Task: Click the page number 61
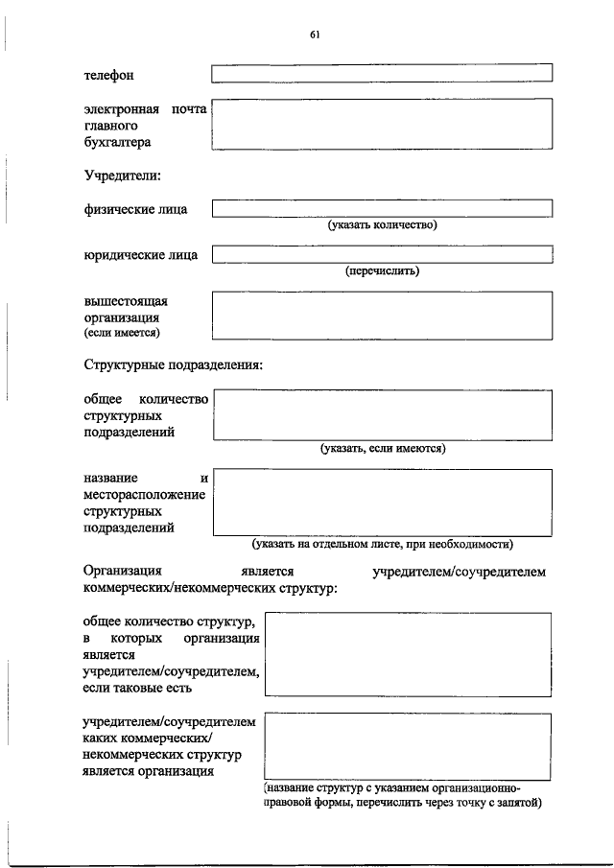[314, 35]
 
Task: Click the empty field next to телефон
[382, 73]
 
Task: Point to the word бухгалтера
[118, 142]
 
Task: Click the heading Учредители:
[122, 176]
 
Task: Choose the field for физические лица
[382, 208]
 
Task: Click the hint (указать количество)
[383, 225]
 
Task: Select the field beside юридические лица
[382, 254]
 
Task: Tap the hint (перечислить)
[383, 270]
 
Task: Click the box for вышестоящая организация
[382, 316]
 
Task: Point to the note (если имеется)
[122, 333]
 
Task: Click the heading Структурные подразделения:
[173, 365]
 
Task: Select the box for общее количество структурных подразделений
[382, 414]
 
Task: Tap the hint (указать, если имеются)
[383, 448]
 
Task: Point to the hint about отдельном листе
[383, 544]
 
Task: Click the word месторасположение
[145, 494]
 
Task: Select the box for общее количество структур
[408, 654]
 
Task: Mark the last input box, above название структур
[408, 745]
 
